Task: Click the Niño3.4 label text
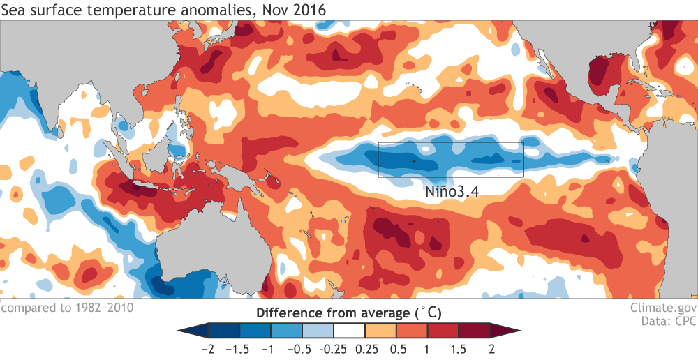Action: click(x=453, y=189)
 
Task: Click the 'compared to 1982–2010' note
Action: click(x=67, y=307)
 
